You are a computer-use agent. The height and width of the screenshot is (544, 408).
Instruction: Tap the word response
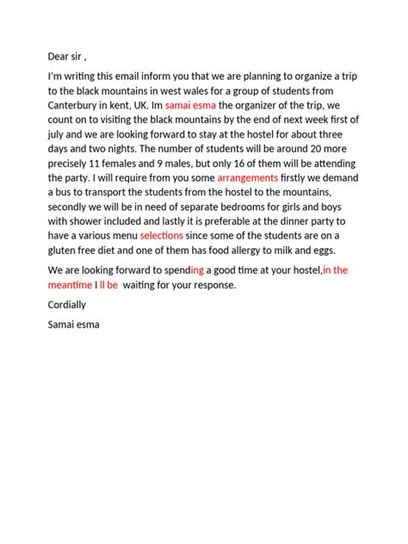pos(209,285)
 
